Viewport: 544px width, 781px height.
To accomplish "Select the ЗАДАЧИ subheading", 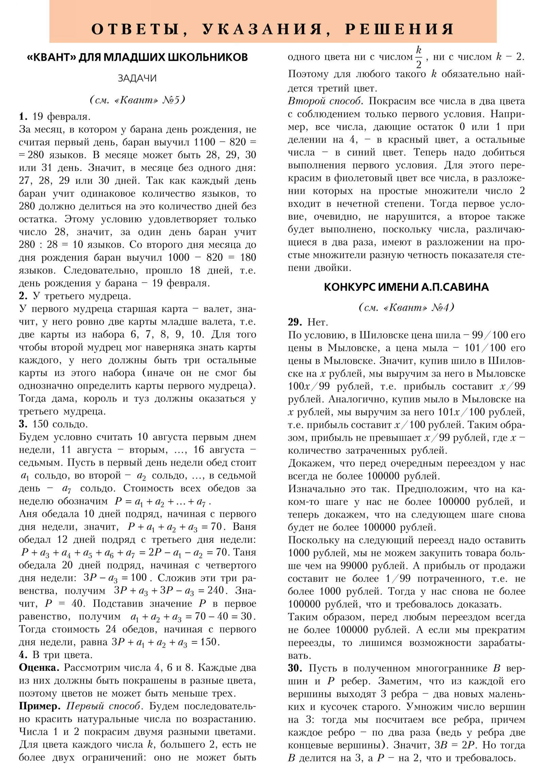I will pos(137,78).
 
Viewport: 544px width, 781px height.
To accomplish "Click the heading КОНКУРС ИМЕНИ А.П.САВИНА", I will pos(406,287).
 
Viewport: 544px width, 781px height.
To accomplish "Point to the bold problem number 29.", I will pos(295,322).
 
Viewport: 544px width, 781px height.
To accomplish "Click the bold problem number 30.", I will pos(295,668).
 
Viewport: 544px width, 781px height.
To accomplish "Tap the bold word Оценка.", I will pos(39,667).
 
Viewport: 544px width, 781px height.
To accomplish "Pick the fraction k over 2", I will pos(418,57).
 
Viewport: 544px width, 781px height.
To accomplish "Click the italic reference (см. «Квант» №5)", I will pos(137,100).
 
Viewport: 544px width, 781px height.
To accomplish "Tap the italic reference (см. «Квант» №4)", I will pos(406,307).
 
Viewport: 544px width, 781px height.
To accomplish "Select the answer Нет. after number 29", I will pos(318,322).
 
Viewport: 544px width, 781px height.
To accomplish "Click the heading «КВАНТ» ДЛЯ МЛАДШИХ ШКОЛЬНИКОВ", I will pos(137,57).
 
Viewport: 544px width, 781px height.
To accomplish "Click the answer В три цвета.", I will pos(62,655).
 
